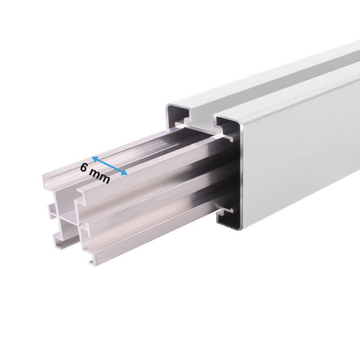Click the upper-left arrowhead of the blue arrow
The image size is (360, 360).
click(95, 160)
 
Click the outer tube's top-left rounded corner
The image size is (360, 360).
click(169, 108)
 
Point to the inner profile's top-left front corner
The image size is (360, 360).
click(44, 176)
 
